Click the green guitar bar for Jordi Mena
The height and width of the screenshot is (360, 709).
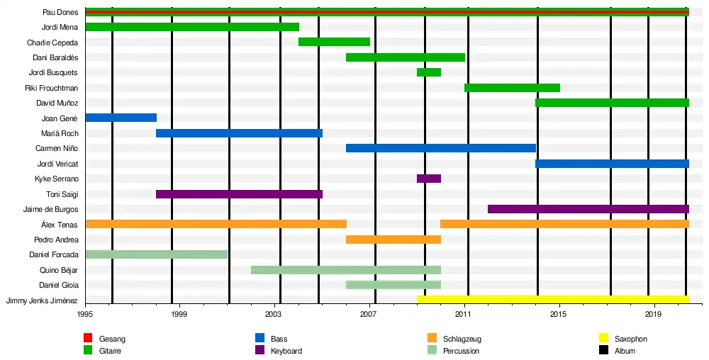tap(191, 27)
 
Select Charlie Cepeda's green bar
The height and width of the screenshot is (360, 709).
tap(334, 42)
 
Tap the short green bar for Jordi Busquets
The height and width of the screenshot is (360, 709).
tap(429, 72)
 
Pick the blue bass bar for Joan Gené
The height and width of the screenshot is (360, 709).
tap(121, 118)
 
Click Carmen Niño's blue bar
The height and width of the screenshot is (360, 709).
tap(440, 148)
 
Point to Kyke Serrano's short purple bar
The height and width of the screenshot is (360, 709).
tap(429, 179)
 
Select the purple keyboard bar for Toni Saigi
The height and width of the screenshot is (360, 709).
tap(239, 194)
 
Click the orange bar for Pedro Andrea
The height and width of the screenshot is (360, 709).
tap(393, 240)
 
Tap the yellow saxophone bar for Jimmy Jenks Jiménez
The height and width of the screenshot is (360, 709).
tap(552, 300)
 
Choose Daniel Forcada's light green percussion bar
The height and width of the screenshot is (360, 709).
tap(156, 254)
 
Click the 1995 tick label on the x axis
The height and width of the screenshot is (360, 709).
tap(85, 313)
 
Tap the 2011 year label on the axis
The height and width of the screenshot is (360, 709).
tap(464, 313)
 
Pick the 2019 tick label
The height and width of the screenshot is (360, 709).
tap(654, 313)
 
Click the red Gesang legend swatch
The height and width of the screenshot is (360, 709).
tap(88, 339)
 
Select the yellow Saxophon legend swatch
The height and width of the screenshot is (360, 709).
tap(604, 339)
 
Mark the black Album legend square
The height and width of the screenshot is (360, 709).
tap(604, 351)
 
